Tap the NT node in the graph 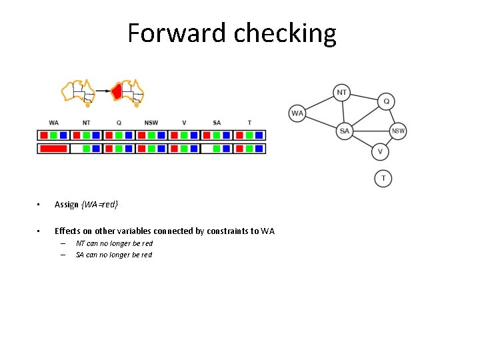341,93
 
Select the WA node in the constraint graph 297,113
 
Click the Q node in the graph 386,101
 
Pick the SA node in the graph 344,131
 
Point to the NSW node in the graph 398,131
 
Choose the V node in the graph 380,152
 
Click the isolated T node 383,178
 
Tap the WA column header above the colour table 53,123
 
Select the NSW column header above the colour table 151,123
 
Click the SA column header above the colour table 217,123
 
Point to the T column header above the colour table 249,123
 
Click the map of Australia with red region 129,91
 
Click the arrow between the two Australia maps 103,90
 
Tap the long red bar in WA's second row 53,149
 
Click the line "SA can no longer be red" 113,255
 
